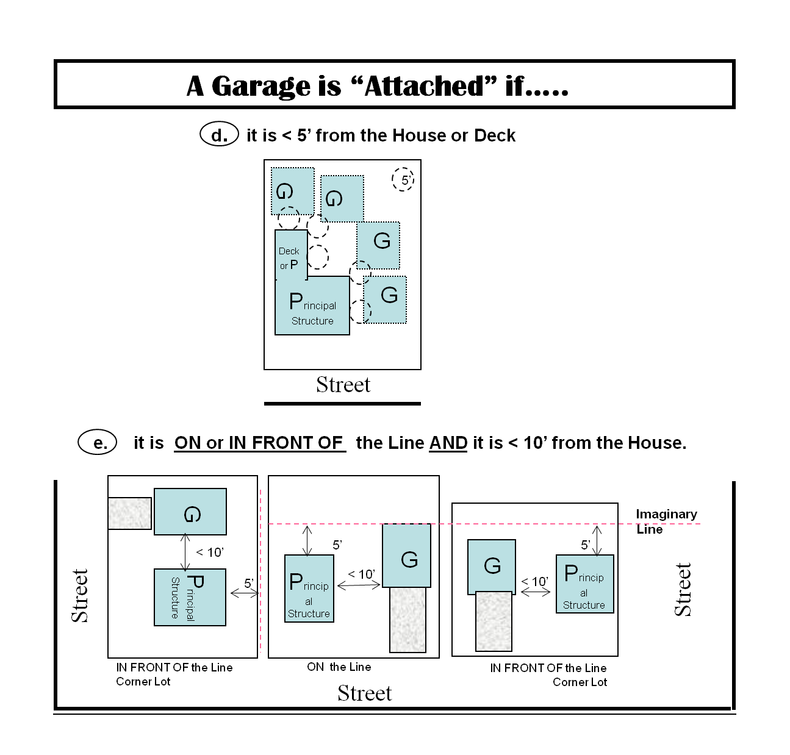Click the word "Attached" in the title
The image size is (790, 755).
[425, 86]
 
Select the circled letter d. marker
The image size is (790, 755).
[219, 134]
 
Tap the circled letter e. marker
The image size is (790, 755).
[98, 442]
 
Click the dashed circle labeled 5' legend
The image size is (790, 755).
[403, 179]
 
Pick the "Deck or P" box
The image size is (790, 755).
[291, 255]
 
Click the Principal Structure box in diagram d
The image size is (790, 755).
[312, 306]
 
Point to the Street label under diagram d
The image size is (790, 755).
[343, 385]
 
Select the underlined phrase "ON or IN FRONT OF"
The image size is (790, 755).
[260, 443]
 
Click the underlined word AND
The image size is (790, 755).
[448, 443]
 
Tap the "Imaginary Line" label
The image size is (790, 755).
[666, 521]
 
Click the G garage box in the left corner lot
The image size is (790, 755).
[190, 512]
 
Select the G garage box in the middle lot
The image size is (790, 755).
[407, 556]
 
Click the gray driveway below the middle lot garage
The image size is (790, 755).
[408, 620]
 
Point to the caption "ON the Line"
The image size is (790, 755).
[339, 667]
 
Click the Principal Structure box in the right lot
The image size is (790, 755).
[584, 584]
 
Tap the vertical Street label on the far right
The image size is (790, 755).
[683, 589]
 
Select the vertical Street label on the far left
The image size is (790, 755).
[80, 595]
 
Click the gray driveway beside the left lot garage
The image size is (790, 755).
[130, 513]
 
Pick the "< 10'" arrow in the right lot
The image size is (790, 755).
[536, 590]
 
